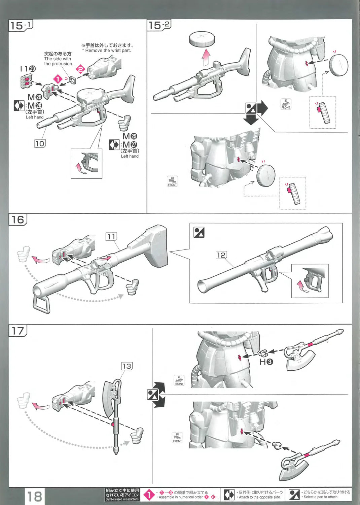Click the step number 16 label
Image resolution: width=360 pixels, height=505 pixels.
tap(17, 220)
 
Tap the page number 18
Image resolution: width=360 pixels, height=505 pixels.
tap(34, 496)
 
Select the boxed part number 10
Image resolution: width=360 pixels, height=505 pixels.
tap(40, 144)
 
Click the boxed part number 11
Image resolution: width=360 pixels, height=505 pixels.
tap(111, 237)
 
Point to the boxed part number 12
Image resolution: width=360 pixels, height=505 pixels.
tap(221, 255)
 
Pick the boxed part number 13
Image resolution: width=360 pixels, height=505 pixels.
tap(127, 366)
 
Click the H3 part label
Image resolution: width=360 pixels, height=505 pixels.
tap(266, 362)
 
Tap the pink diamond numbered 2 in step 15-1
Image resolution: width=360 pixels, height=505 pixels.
tap(80, 70)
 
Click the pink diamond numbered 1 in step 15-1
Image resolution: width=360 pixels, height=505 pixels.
tap(58, 79)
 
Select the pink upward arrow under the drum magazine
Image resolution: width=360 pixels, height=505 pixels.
tap(206, 58)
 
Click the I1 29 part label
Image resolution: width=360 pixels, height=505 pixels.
tap(28, 69)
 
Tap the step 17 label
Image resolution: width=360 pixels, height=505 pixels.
tap(17, 331)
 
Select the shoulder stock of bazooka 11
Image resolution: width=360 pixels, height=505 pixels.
tap(153, 245)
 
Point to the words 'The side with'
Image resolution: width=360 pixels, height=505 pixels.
tap(58, 59)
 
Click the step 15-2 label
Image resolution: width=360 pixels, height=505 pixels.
tap(159, 25)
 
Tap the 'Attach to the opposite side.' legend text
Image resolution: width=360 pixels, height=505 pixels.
tap(259, 497)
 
